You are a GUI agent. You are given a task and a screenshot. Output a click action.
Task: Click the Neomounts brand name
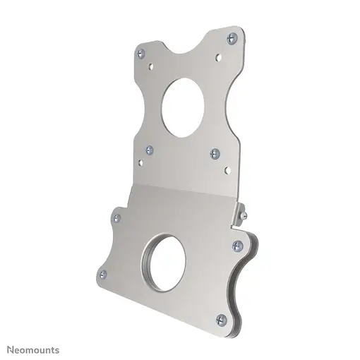coord(33,349)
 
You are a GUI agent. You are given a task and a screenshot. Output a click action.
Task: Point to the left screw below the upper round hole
coord(149,150)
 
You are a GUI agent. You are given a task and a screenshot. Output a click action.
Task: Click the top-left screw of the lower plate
coord(117,218)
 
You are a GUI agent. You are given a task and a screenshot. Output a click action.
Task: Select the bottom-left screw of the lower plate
coord(102,274)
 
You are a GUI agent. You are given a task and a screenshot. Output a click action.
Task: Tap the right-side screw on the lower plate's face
coord(237,246)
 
